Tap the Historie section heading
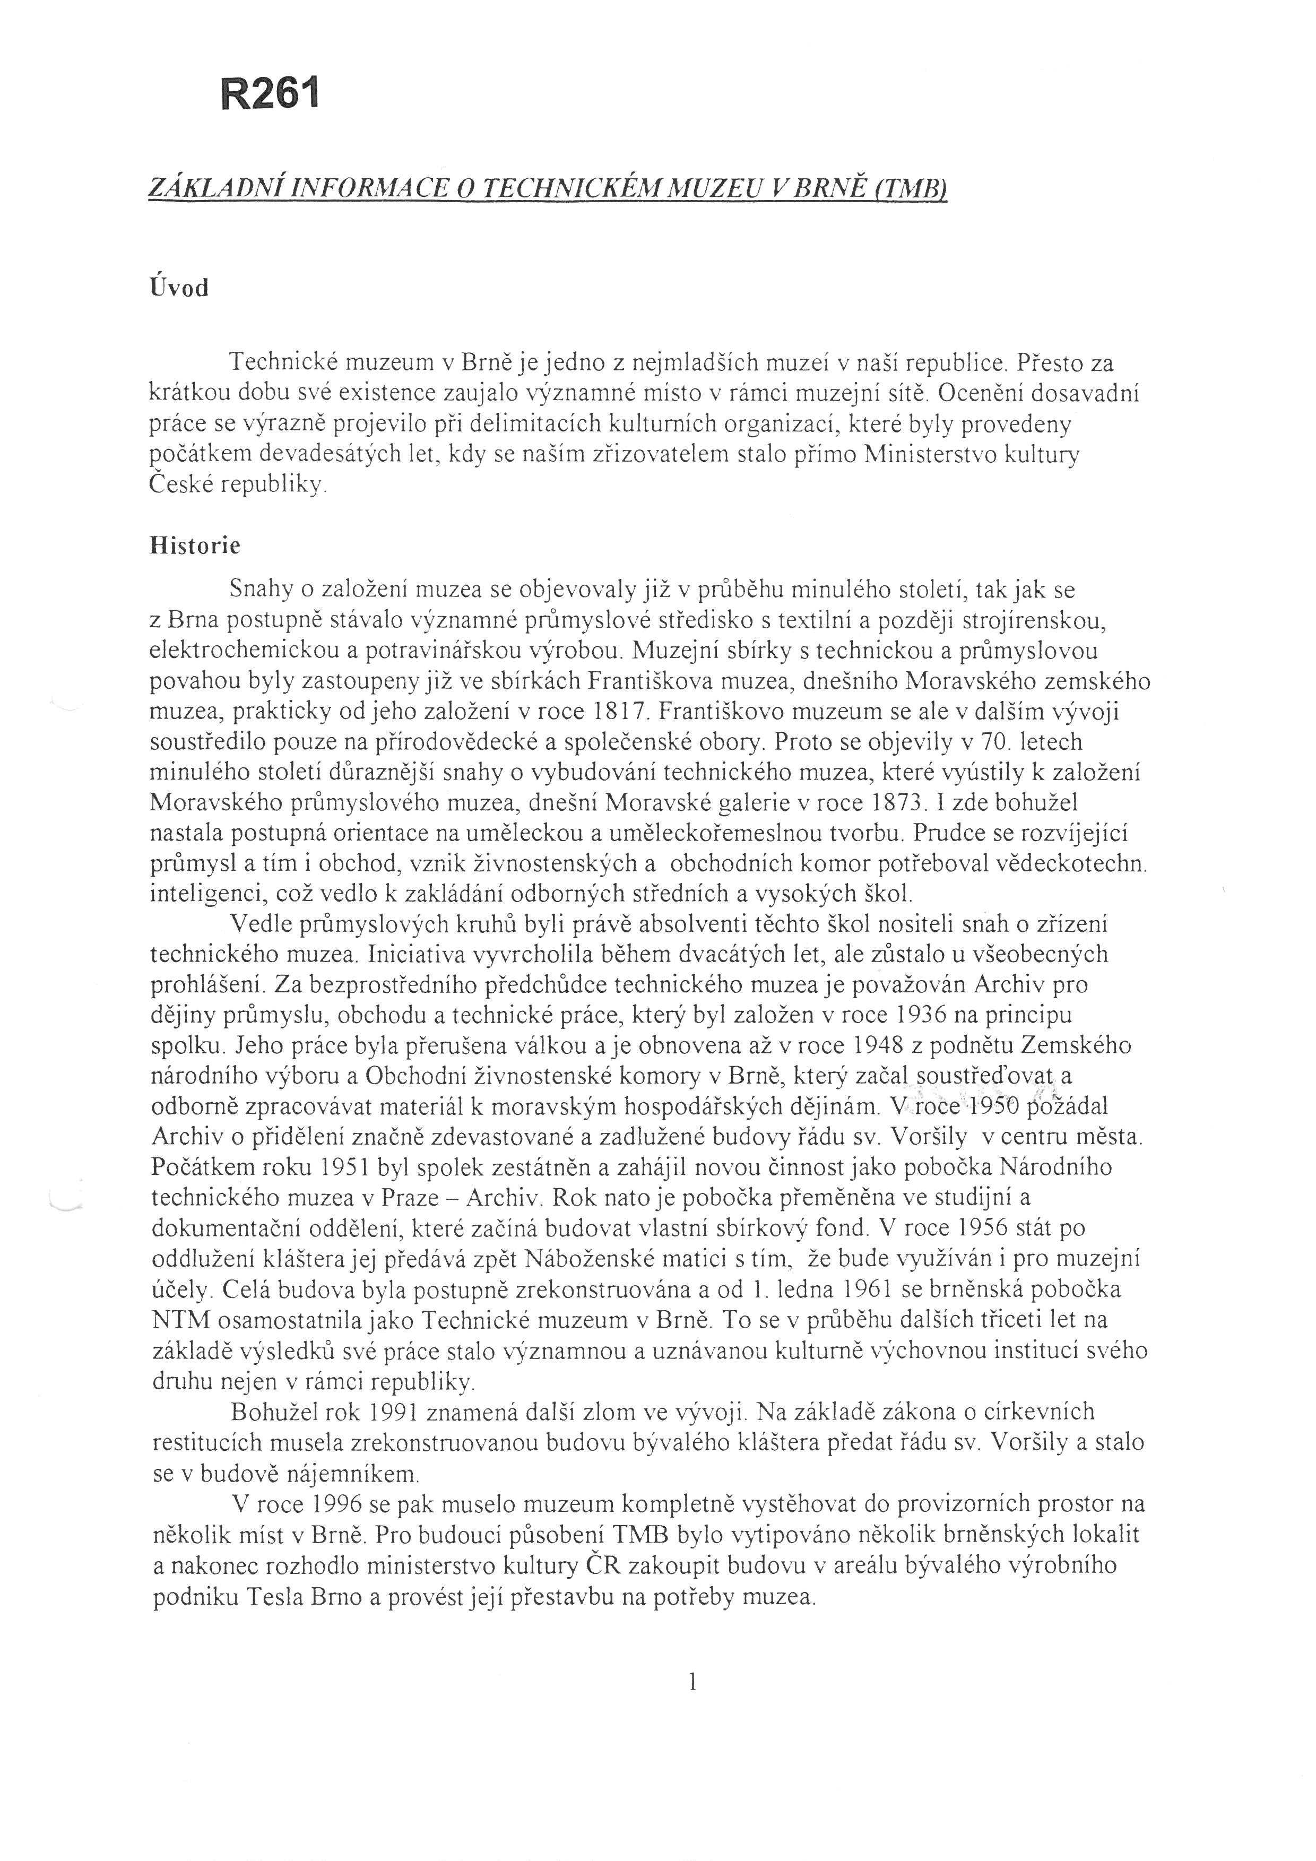click(195, 546)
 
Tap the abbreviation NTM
click(181, 1320)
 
